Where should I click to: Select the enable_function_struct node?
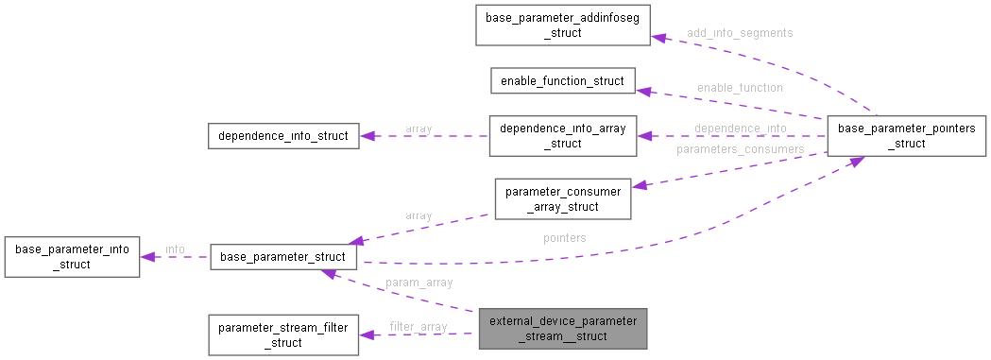click(561, 80)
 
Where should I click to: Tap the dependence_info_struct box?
click(282, 136)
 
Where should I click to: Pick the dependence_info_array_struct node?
click(561, 136)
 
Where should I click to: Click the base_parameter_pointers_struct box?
click(906, 136)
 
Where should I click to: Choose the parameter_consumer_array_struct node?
click(561, 198)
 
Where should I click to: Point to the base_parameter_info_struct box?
click(72, 257)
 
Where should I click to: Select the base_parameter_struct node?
click(282, 257)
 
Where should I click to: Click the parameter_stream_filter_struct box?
click(282, 335)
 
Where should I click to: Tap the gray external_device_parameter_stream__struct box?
click(561, 329)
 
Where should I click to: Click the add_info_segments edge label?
click(739, 32)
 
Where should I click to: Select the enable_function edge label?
click(739, 87)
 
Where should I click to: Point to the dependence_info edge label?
click(740, 128)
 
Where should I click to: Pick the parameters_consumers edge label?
click(740, 148)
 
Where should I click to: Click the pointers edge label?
click(564, 238)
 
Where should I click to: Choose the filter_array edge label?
click(418, 327)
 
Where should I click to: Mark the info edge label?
click(175, 249)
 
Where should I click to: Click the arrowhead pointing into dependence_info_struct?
click(366, 136)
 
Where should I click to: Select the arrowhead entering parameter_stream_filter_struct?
click(367, 335)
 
